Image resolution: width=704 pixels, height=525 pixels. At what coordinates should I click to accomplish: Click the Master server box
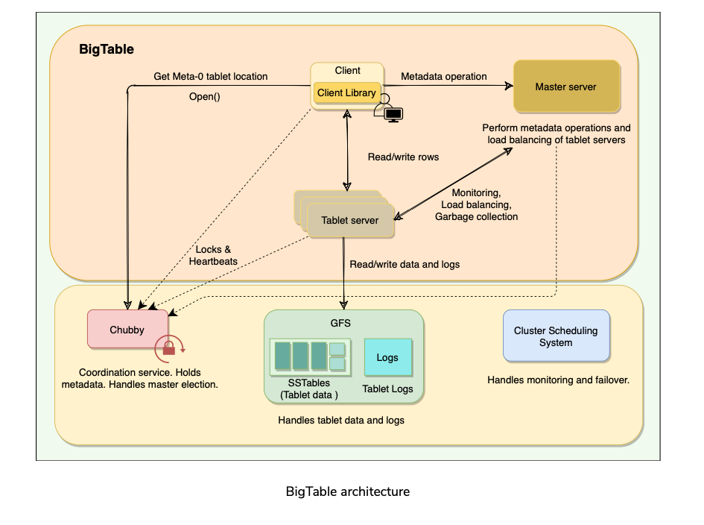click(x=566, y=87)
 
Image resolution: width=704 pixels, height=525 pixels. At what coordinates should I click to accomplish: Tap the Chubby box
click(x=128, y=329)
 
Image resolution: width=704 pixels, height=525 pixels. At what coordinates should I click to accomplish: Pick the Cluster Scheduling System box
click(x=556, y=336)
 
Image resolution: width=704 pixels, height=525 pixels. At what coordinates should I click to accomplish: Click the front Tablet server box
click(x=350, y=221)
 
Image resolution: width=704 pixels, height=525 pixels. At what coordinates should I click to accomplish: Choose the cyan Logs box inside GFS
click(x=387, y=357)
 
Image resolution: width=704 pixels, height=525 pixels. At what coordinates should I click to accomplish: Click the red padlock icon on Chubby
click(x=168, y=348)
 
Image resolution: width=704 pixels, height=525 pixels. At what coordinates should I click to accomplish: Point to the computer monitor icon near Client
click(x=393, y=115)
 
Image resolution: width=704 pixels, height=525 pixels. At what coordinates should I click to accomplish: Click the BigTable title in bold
click(x=107, y=50)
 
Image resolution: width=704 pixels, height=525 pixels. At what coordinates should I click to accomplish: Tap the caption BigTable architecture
click(x=347, y=491)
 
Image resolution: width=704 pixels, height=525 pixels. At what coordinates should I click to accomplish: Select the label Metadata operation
click(x=444, y=76)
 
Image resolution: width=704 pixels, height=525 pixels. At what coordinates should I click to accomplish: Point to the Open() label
click(x=205, y=96)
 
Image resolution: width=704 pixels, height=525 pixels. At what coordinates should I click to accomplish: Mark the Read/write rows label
click(x=403, y=157)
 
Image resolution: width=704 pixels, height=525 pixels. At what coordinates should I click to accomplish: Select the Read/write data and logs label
click(x=405, y=264)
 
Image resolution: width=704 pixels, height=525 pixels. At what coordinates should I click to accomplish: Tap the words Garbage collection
click(x=476, y=216)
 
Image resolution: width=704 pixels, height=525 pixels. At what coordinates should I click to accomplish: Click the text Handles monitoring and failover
click(x=559, y=380)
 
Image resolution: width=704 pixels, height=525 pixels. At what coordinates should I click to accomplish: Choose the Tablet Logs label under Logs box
click(x=387, y=389)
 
